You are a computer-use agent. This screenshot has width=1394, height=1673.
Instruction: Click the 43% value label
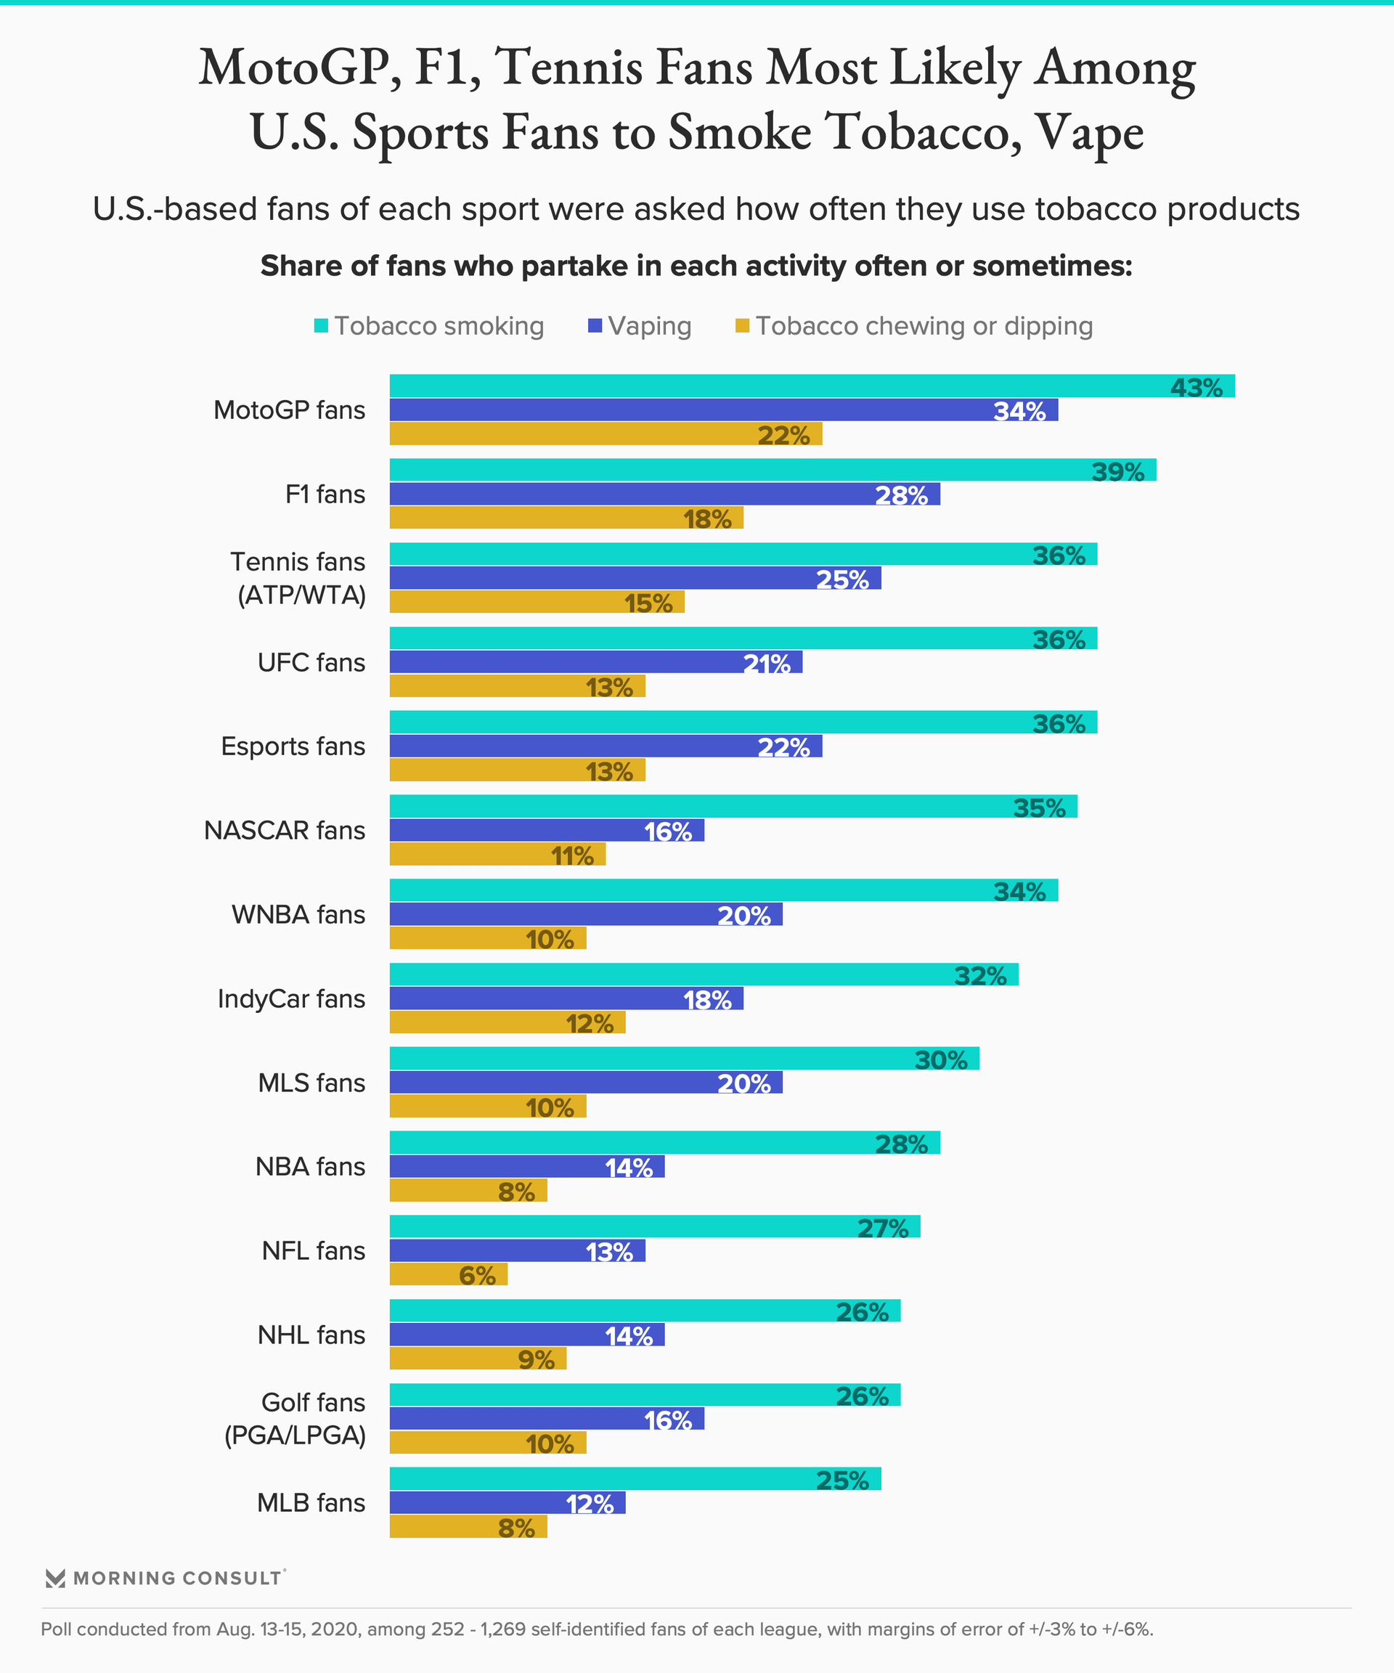pos(1196,388)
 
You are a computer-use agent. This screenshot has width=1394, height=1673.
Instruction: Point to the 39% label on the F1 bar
pos(1117,472)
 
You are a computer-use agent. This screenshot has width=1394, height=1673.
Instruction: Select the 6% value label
pos(477,1276)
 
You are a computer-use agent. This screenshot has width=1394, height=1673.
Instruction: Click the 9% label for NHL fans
pos(536,1360)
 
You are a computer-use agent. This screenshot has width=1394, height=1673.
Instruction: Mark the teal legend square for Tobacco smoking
pos(321,326)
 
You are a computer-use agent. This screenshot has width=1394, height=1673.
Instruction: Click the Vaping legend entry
pos(649,326)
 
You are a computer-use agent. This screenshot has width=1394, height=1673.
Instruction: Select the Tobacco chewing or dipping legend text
pos(924,326)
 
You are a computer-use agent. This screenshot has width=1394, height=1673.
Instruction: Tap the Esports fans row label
pos(293,746)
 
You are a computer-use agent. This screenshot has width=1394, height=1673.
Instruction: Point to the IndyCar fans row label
pos(292,998)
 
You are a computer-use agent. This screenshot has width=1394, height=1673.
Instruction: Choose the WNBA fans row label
pos(298,915)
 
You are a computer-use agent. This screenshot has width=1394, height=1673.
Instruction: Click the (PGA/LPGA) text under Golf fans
pos(295,1435)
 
